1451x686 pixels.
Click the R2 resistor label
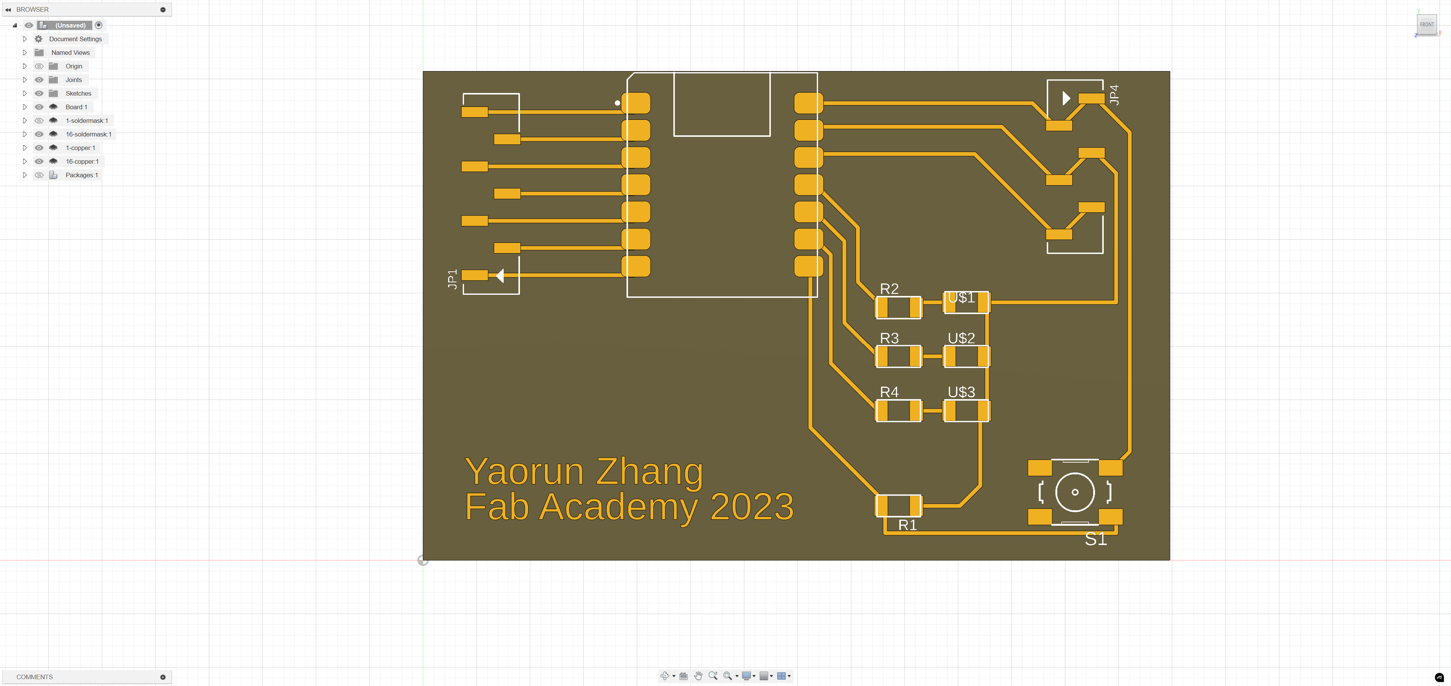pos(889,289)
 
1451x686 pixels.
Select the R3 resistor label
pos(889,339)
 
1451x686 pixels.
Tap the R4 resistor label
pos(889,392)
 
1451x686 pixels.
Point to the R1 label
pos(907,525)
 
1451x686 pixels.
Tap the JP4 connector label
pos(1114,94)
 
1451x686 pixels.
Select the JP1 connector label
pos(452,279)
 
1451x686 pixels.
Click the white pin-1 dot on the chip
pos(617,103)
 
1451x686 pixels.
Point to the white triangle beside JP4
pos(1066,99)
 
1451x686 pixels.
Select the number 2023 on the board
pos(752,506)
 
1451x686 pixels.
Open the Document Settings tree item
pos(76,39)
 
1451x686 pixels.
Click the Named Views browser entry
pos(70,53)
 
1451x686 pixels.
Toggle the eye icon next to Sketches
pos(39,93)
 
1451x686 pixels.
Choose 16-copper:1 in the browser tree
pos(82,162)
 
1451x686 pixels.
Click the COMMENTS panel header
pos(34,677)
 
